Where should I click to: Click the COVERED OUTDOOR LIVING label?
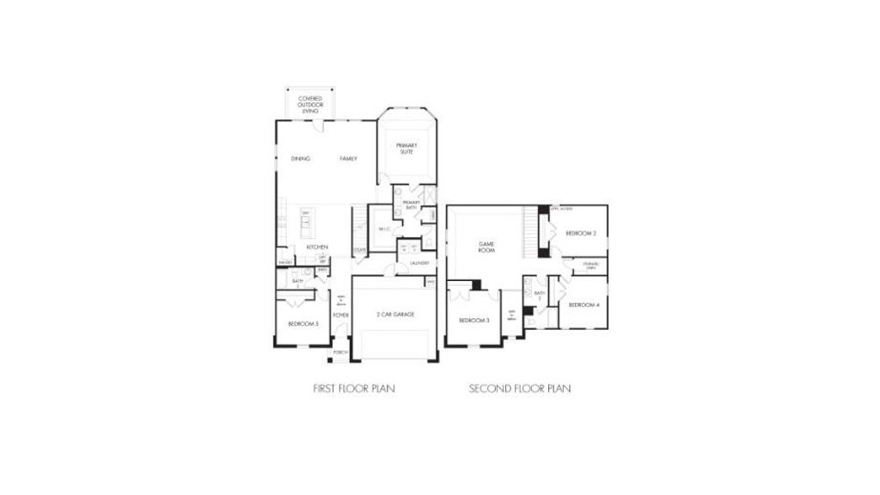[309, 106]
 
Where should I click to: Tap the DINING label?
[300, 159]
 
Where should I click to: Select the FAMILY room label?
[348, 159]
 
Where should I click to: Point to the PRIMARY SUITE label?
[406, 149]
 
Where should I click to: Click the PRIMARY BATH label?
[411, 205]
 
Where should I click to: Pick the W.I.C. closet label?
[383, 229]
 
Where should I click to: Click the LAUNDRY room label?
[419, 263]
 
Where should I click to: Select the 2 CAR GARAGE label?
[395, 315]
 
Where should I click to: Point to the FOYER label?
[340, 315]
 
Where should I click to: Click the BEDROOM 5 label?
[303, 323]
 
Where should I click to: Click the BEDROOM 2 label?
[581, 234]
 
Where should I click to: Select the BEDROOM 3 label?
[474, 321]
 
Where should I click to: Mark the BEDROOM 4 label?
[584, 305]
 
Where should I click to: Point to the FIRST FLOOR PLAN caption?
[353, 388]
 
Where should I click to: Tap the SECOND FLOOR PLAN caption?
[520, 388]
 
